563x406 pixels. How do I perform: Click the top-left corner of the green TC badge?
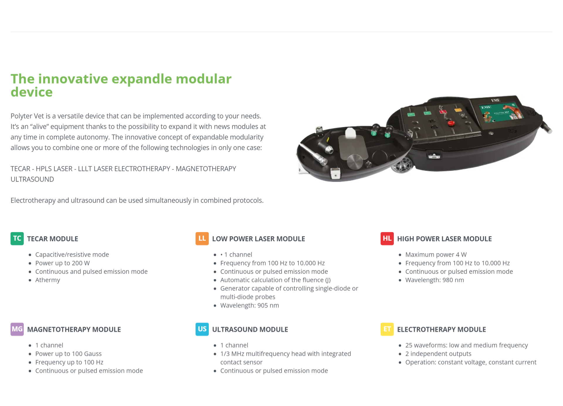click(x=11, y=232)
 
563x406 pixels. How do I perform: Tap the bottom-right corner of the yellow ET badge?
click(x=394, y=336)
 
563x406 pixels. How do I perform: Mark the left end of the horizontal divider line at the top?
click(x=11, y=32)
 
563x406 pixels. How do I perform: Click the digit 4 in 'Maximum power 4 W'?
click(x=457, y=255)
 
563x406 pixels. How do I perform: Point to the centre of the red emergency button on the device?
click(x=451, y=123)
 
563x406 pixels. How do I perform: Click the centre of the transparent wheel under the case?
click(x=402, y=166)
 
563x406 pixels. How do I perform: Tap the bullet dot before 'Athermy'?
click(x=30, y=280)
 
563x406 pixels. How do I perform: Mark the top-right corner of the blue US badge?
click(x=208, y=323)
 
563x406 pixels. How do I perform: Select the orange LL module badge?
click(x=202, y=239)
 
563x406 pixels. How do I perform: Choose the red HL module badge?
click(x=387, y=239)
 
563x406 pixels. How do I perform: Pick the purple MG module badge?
click(x=17, y=329)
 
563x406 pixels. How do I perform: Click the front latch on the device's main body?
click(x=434, y=155)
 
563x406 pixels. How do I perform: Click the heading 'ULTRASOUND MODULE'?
click(x=250, y=330)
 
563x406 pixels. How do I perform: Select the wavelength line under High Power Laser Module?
click(x=435, y=280)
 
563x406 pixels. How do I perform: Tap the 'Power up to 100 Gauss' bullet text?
click(x=68, y=354)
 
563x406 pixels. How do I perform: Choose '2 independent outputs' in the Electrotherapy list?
click(x=438, y=354)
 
